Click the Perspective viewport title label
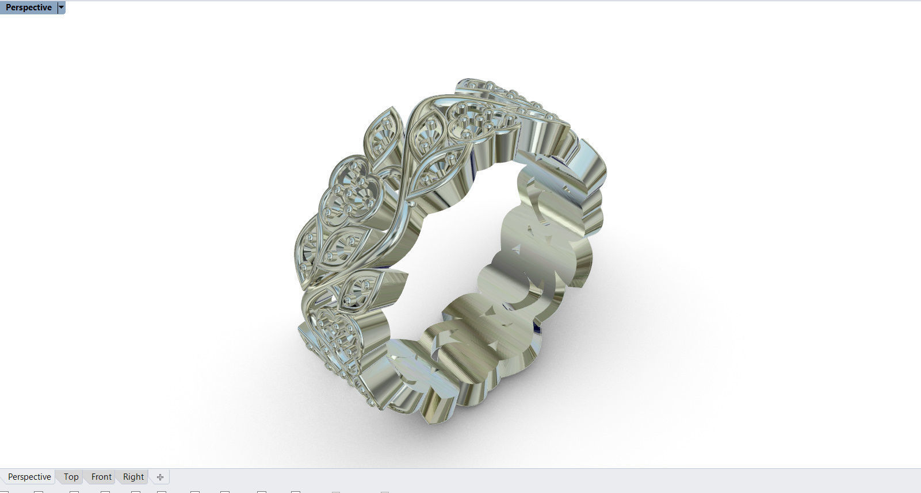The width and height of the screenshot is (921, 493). pyautogui.click(x=28, y=7)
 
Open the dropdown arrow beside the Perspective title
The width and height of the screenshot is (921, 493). pyautogui.click(x=62, y=7)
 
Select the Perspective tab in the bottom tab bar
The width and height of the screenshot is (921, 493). pyautogui.click(x=29, y=477)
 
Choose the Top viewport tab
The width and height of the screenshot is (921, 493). pyautogui.click(x=71, y=477)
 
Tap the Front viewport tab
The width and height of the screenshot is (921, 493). pyautogui.click(x=101, y=477)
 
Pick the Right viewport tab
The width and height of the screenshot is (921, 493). pyautogui.click(x=133, y=477)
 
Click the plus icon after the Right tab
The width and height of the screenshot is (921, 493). pyautogui.click(x=160, y=477)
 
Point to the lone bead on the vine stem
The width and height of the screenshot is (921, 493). pyautogui.click(x=412, y=203)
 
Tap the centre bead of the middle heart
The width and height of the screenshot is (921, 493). pyautogui.click(x=349, y=194)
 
